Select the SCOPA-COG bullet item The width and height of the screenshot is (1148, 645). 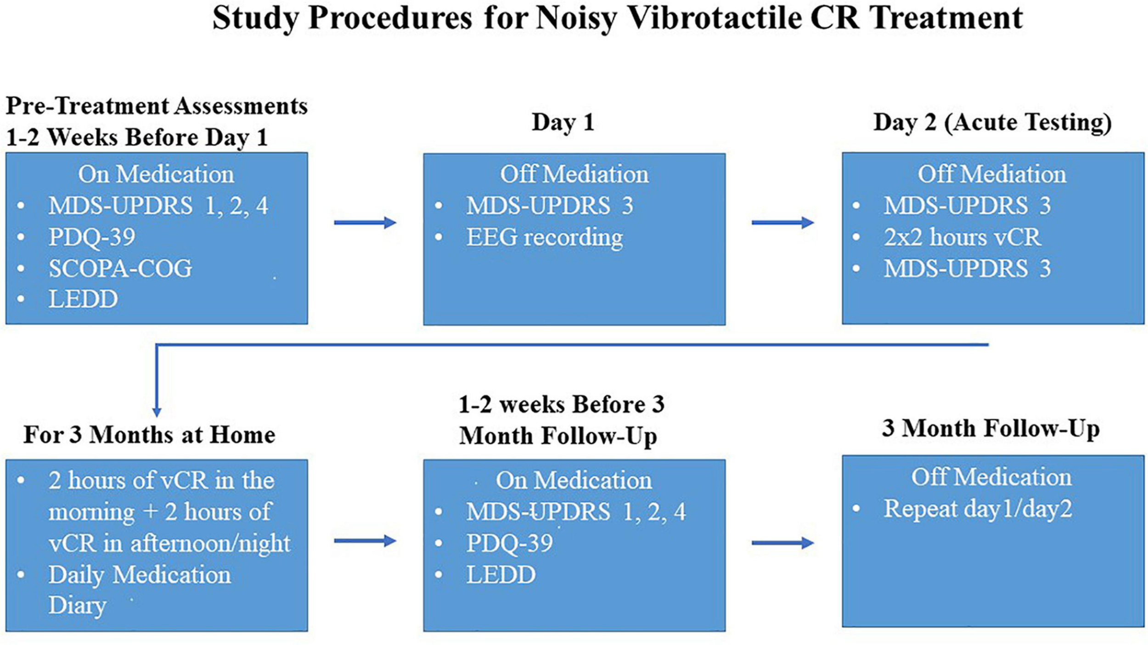coord(120,269)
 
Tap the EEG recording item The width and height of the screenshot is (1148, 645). coord(545,237)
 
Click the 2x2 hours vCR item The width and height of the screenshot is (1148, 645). coord(962,237)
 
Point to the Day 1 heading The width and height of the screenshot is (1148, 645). coord(563,123)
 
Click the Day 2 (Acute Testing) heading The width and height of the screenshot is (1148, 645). coord(992,123)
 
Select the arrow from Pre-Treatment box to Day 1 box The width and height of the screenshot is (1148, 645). coord(365,223)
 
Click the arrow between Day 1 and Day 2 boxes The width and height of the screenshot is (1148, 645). coord(782,223)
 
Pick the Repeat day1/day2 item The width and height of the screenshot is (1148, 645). coord(978,509)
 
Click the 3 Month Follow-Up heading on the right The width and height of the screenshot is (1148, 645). coord(990,429)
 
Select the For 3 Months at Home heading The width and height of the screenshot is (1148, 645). coord(149,435)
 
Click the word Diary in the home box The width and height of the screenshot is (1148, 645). coord(77,605)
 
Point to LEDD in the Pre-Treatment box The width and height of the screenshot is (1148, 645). coord(83,299)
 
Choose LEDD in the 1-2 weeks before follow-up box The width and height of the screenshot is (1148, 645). coord(501,575)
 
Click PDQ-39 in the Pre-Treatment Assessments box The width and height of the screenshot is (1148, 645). coord(92,237)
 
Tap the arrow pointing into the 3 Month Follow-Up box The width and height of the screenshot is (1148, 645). coord(782,543)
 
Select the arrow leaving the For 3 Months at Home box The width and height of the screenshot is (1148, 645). coord(365,541)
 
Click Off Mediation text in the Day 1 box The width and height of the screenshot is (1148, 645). coord(574,174)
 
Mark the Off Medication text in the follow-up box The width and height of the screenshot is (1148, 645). coord(991,477)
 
